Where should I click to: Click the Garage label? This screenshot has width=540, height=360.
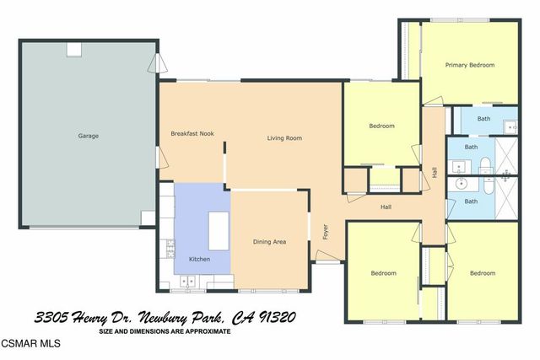tap(89, 136)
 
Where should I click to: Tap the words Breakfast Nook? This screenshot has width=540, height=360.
tap(192, 133)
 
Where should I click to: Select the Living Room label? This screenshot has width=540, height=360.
tap(284, 138)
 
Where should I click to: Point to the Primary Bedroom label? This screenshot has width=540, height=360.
tap(470, 65)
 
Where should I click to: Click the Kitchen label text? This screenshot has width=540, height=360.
tap(199, 259)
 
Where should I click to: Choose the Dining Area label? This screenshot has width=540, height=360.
tap(269, 242)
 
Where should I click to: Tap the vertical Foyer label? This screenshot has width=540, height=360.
tap(326, 232)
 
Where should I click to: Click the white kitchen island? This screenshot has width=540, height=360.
tap(219, 230)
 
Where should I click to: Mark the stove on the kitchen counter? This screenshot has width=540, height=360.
tap(170, 248)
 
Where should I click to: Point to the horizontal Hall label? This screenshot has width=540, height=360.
tap(386, 207)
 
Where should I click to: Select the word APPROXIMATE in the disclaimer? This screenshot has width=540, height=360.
tap(200, 330)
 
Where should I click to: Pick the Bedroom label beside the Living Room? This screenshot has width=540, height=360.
tap(381, 126)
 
